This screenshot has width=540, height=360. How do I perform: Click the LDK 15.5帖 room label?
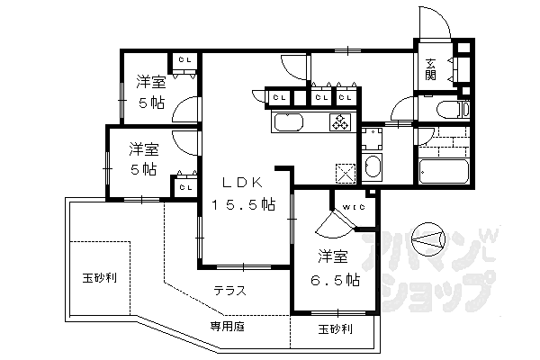(244, 193)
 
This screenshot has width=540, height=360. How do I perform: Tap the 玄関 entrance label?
(430, 69)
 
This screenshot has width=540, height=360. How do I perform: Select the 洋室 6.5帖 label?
(335, 269)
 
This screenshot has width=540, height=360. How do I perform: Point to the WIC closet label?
(354, 207)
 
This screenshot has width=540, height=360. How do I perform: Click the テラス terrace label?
(230, 291)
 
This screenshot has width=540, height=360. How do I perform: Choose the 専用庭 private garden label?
(228, 326)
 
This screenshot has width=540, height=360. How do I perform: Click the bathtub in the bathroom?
(444, 171)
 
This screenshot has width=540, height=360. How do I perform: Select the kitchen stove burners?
(340, 122)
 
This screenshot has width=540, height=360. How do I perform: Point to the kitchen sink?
(288, 122)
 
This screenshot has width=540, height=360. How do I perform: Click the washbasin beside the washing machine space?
(372, 167)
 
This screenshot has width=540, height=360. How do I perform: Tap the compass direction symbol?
(428, 239)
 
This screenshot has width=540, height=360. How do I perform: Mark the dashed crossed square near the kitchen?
(346, 173)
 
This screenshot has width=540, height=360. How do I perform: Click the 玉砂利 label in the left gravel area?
(100, 278)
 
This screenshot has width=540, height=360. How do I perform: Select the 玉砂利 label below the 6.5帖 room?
(335, 329)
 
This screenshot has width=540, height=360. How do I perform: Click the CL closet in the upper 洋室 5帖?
(184, 60)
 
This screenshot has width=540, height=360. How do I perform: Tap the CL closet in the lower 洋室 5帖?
(185, 187)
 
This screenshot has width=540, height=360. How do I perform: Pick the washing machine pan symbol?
(372, 139)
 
